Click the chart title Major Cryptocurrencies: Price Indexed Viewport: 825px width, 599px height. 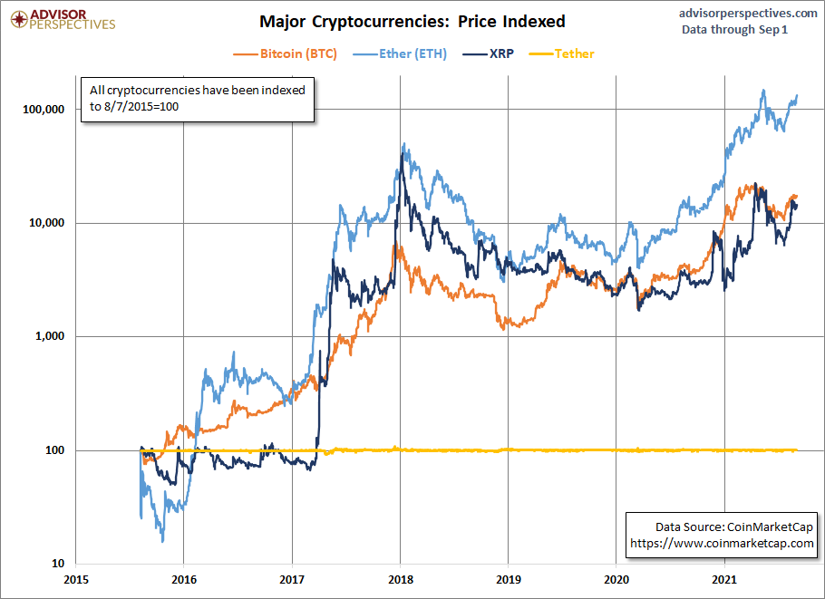pyautogui.click(x=412, y=21)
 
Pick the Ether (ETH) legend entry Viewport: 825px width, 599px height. pyautogui.click(x=404, y=53)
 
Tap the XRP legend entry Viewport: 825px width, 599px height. pyautogui.click(x=497, y=53)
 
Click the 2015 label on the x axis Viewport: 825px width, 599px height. pyautogui.click(x=75, y=579)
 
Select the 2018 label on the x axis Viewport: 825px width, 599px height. pyautogui.click(x=400, y=579)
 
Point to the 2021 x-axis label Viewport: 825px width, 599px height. pyautogui.click(x=724, y=579)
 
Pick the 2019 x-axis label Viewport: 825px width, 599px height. pyautogui.click(x=508, y=579)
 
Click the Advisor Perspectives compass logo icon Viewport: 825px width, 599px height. pyautogui.click(x=15, y=18)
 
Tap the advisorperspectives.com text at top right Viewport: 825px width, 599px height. pyautogui.click(x=747, y=13)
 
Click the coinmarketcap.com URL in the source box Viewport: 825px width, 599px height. pyautogui.click(x=722, y=543)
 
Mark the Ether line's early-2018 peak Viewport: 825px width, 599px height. pyautogui.click(x=403, y=143)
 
